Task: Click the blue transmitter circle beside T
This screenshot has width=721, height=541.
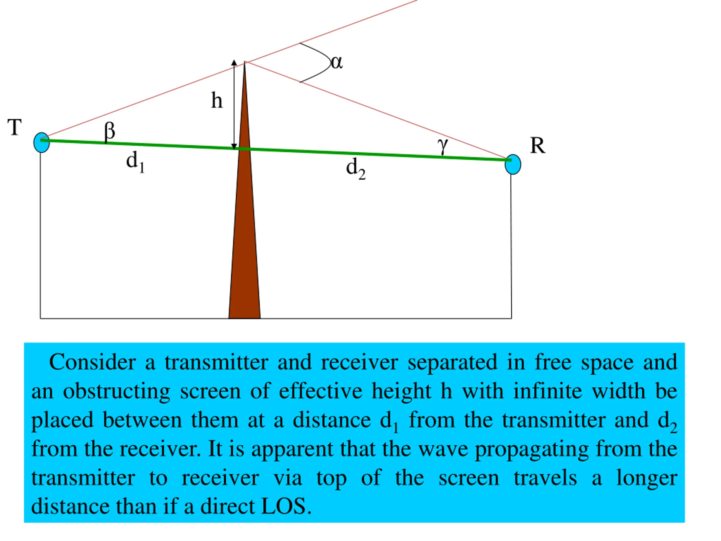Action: [x=41, y=143]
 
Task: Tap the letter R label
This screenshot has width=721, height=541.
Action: [x=537, y=145]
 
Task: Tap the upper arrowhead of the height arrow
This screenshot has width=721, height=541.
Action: [x=234, y=63]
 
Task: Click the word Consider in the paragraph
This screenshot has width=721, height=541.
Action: [x=93, y=362]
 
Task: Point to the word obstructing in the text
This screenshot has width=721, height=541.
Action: [x=116, y=391]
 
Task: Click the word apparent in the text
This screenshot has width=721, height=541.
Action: [x=292, y=449]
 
